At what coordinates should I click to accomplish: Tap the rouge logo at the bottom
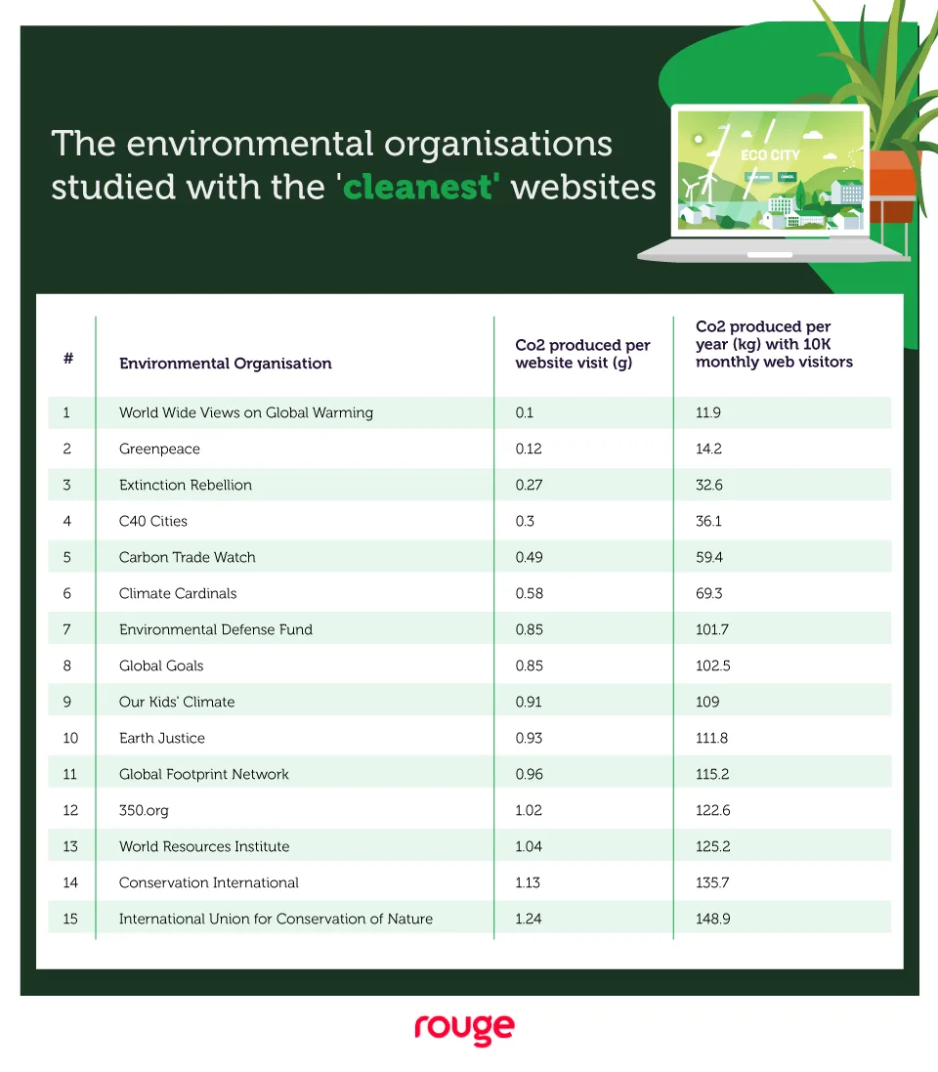[464, 1029]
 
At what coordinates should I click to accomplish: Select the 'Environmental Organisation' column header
[225, 364]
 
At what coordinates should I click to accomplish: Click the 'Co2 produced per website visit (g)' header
[582, 354]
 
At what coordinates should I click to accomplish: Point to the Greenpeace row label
[159, 449]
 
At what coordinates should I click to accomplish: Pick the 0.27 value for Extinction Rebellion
[529, 485]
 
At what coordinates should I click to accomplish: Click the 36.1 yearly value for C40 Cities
[708, 521]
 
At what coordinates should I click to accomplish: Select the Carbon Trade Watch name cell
[187, 557]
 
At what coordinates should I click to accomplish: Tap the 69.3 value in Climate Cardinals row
[709, 593]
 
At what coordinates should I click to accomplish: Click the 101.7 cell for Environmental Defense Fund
[712, 629]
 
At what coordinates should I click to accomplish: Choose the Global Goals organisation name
[161, 665]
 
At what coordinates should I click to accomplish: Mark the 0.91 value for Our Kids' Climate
[529, 702]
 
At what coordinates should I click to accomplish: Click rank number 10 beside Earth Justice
[69, 738]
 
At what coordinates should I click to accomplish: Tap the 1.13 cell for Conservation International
[528, 882]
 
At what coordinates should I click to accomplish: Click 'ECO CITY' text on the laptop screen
[770, 155]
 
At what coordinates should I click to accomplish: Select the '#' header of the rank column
[68, 359]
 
